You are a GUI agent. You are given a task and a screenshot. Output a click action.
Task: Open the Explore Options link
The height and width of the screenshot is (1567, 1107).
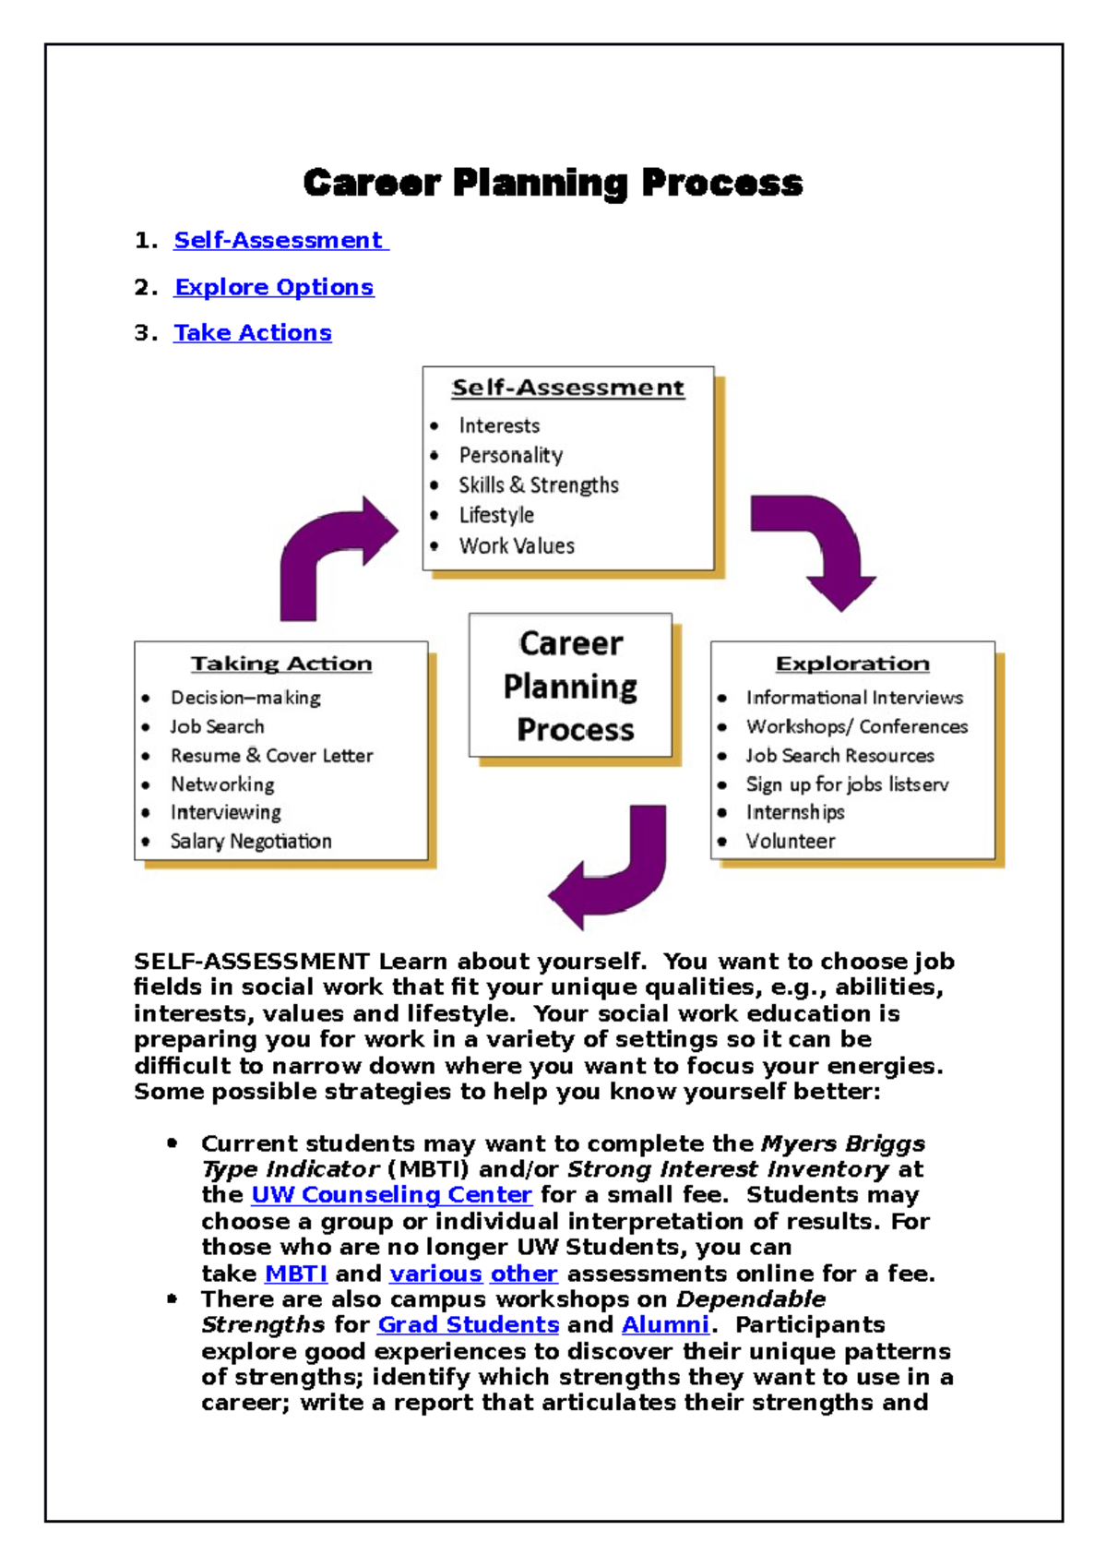tap(274, 287)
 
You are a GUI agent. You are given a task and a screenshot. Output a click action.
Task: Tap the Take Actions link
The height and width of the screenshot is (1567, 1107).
tap(253, 332)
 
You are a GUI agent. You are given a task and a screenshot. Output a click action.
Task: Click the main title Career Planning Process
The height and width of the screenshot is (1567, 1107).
tap(553, 183)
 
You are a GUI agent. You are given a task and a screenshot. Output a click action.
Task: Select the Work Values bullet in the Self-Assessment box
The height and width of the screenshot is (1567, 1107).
tap(517, 545)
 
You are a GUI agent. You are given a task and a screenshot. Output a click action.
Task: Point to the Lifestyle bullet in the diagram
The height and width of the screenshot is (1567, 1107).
tap(496, 515)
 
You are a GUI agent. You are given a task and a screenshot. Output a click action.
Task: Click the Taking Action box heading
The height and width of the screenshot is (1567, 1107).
tap(281, 664)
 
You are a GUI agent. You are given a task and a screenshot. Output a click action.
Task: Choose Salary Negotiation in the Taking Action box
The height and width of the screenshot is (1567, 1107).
tap(251, 841)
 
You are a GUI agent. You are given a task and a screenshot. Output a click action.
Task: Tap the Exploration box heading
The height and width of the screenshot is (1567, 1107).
tap(852, 664)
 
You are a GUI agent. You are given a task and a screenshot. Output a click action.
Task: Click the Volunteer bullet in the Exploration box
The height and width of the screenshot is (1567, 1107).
tap(791, 841)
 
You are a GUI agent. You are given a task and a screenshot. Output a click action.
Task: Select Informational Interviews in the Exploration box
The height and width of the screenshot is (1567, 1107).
tap(854, 698)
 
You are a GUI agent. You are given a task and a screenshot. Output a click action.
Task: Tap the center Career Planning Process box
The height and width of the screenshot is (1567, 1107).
tap(571, 686)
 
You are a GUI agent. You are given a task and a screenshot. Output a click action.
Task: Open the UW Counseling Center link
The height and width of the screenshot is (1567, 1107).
tap(391, 1194)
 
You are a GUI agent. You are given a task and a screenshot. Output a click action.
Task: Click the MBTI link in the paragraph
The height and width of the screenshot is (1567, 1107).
tap(296, 1274)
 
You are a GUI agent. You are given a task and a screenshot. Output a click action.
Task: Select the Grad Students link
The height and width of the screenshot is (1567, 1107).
tap(469, 1324)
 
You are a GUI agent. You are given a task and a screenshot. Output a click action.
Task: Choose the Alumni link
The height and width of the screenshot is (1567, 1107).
tap(665, 1324)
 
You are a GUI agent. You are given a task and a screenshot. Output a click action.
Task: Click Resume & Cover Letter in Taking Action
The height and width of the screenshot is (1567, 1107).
tap(271, 755)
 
